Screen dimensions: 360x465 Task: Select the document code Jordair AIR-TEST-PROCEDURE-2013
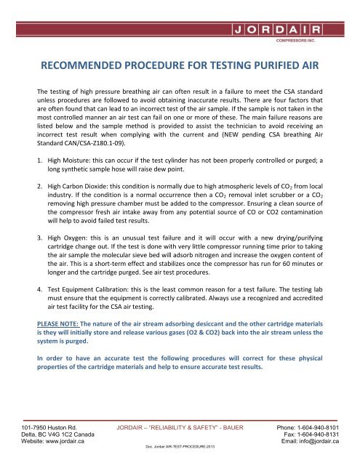(x=180, y=462)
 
